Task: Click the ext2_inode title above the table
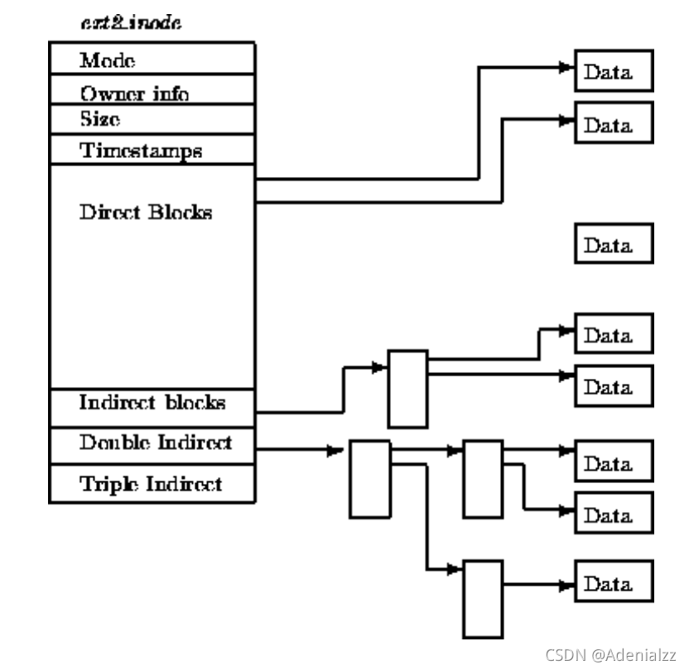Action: coord(132,23)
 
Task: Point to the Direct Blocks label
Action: coord(146,212)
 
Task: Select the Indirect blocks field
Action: coord(152,403)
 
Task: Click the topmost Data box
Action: coord(614,72)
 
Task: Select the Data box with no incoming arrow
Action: coord(614,245)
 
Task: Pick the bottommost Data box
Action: coord(614,583)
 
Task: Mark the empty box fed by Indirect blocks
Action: coord(408,388)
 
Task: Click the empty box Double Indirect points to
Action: coord(369,479)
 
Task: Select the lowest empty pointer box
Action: coord(483,600)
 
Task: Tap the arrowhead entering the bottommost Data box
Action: coord(568,585)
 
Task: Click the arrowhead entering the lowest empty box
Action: coord(455,570)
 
